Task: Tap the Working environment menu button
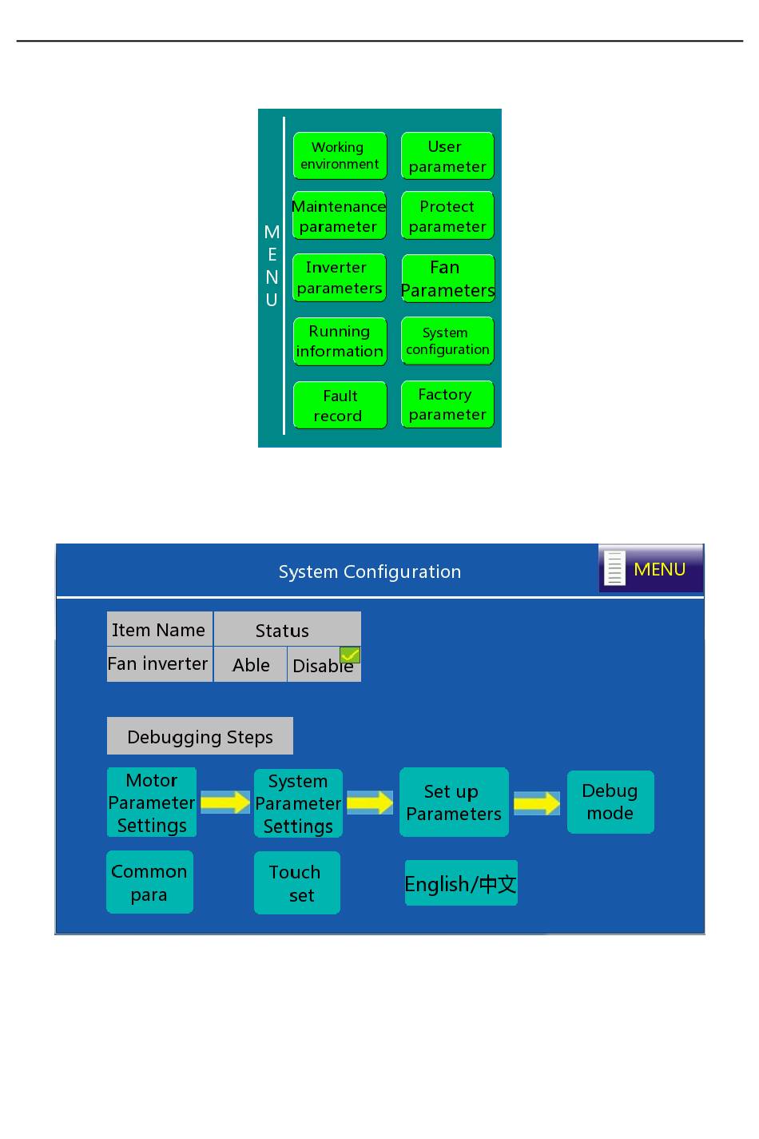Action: (x=340, y=156)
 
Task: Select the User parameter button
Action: (x=447, y=156)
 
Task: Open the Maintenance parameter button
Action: (x=339, y=215)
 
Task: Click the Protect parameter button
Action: (x=447, y=215)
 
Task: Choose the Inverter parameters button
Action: (x=339, y=277)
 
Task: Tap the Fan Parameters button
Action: (x=448, y=278)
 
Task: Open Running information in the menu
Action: (x=340, y=341)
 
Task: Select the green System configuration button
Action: (x=447, y=341)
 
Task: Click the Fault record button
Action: (x=340, y=404)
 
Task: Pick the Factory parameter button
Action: (x=447, y=404)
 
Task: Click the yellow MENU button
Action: (x=650, y=568)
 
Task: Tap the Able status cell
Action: (x=250, y=664)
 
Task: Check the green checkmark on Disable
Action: (x=350, y=655)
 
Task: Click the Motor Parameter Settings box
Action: (x=152, y=802)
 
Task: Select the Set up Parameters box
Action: (x=454, y=802)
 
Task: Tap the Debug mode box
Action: (x=610, y=802)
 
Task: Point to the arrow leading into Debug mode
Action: (x=537, y=803)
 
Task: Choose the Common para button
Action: (x=149, y=882)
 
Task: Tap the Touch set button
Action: (x=297, y=882)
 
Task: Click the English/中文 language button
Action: (x=461, y=882)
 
